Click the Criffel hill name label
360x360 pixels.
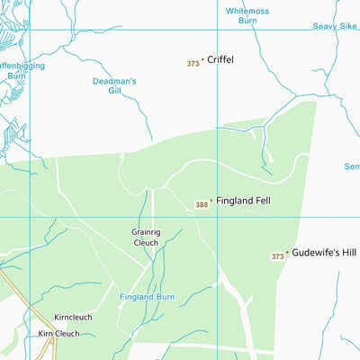pos(220,59)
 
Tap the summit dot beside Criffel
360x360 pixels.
pos(202,60)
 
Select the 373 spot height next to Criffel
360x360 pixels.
pos(193,63)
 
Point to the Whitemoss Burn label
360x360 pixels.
pos(247,15)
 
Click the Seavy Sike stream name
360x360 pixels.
pos(335,26)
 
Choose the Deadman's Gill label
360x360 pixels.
pos(114,86)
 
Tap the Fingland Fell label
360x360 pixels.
pos(243,201)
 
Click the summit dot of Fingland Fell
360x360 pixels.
pos(211,201)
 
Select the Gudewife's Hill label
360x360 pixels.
pos(324,253)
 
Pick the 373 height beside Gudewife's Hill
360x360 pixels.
pos(277,256)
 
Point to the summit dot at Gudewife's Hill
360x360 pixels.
pos(287,253)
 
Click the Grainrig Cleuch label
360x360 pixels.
pos(144,237)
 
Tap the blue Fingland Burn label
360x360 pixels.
pos(148,296)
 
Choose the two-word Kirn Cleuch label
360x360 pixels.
pos(58,334)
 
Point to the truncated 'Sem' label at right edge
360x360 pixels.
pos(351,166)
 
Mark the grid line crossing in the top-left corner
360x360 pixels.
pos(30,30)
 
